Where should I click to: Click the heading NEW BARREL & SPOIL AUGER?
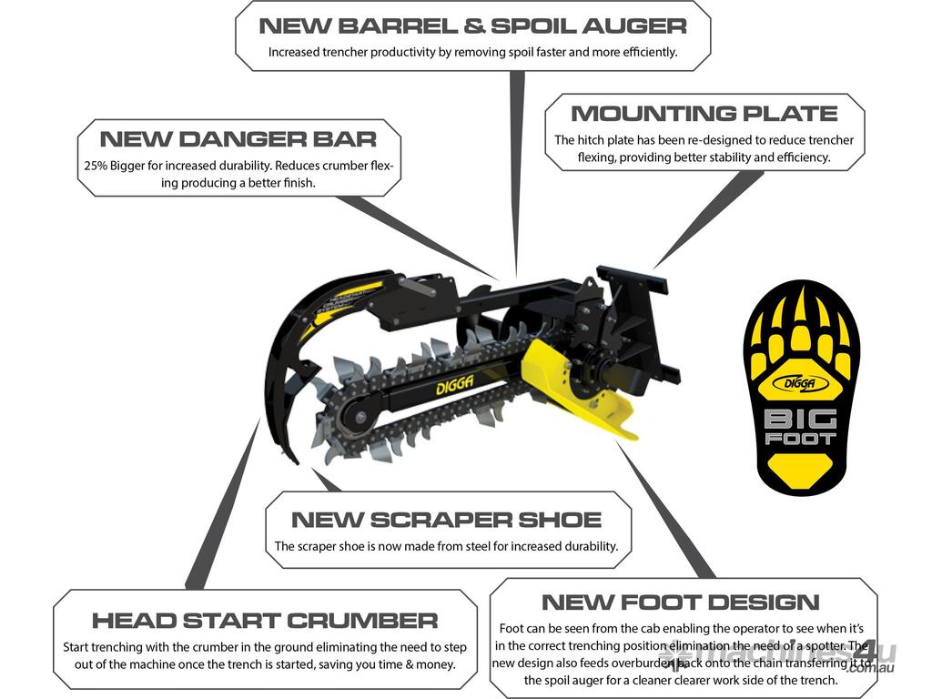(x=472, y=25)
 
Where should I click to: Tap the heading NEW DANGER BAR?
(x=238, y=139)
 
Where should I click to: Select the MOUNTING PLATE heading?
(x=704, y=114)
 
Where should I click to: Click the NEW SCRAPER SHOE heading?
(x=446, y=520)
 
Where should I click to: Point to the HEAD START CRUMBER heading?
(x=264, y=621)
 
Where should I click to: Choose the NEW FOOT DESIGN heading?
(x=680, y=602)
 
